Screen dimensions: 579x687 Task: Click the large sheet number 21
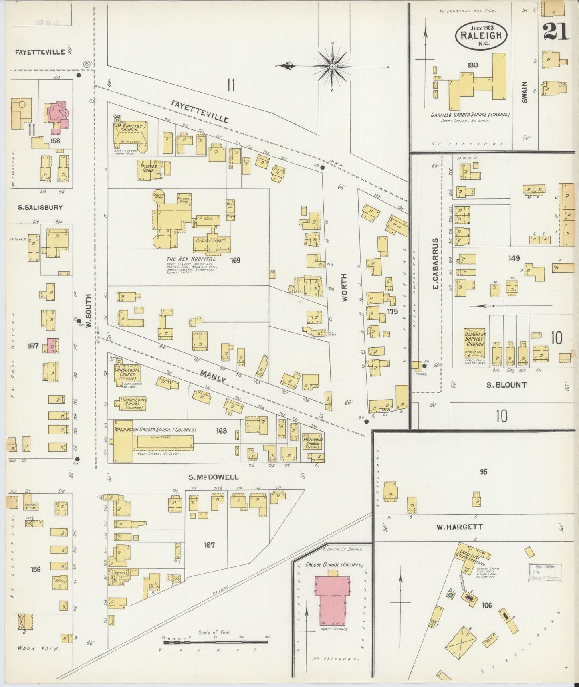pos(556,32)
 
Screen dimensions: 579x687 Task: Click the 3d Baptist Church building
pos(128,133)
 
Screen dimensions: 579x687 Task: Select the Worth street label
pos(345,287)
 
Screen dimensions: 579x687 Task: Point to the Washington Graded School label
pos(155,430)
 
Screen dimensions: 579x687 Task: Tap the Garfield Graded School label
pos(470,115)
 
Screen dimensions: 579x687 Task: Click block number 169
pos(235,261)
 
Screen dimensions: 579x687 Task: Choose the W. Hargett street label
pos(459,527)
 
